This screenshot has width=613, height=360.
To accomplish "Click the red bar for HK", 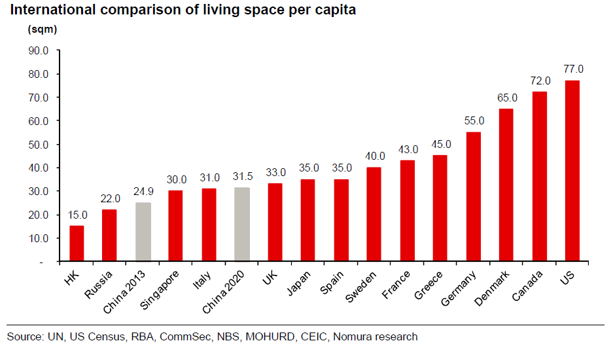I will click(77, 243).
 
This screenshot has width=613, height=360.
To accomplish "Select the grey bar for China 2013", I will click(143, 232).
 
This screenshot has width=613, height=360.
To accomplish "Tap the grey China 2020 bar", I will click(241, 225).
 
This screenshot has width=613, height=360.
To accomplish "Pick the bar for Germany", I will click(473, 196).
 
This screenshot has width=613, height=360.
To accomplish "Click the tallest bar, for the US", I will click(572, 171).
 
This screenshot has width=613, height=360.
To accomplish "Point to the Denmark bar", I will click(506, 185).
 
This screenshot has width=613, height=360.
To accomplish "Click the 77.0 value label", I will click(572, 69).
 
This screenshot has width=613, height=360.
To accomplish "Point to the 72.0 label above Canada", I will click(540, 81).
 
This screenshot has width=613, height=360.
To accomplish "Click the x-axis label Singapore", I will click(160, 289).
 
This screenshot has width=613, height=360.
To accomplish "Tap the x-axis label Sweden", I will click(362, 285).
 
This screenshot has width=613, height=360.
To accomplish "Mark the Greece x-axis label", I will click(429, 284).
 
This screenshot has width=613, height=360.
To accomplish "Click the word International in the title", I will click(48, 10).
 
